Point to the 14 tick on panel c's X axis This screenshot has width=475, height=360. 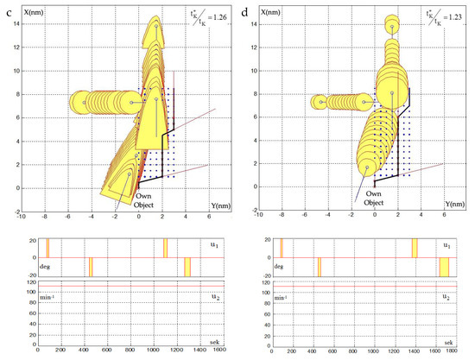tap(20, 26)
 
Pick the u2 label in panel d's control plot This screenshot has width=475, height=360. tap(446, 296)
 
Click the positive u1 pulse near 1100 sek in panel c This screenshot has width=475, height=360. tap(165, 248)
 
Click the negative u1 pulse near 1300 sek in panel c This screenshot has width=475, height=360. tap(187, 267)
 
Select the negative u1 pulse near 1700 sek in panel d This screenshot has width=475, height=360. tap(444, 267)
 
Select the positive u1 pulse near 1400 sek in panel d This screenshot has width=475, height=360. tap(415, 248)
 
